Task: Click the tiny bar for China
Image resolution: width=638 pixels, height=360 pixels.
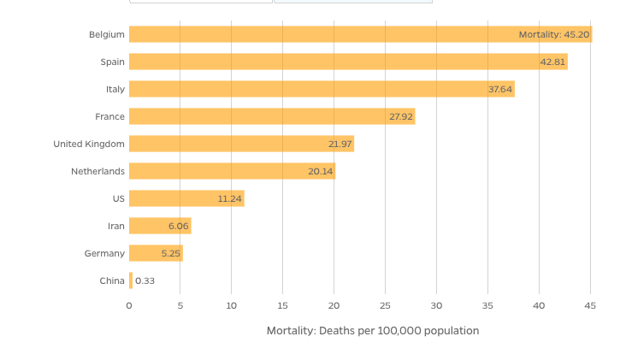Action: [x=131, y=280]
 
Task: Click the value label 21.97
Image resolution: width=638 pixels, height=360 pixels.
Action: [x=340, y=144]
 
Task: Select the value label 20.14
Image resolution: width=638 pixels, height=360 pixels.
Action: [x=320, y=171]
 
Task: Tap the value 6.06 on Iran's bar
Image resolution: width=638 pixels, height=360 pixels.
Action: [x=178, y=226]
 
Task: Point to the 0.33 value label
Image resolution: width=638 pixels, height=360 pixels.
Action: [x=145, y=280]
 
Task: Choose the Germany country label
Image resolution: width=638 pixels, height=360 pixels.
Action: [x=104, y=253]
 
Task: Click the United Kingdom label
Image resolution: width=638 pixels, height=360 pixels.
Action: [x=89, y=144]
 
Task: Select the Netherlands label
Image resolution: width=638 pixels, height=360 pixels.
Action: [x=97, y=171]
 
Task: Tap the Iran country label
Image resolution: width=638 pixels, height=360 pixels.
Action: [x=115, y=226]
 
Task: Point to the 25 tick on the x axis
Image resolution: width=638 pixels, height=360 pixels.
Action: [x=385, y=305]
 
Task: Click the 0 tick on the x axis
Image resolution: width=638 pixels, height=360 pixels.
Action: [x=129, y=305]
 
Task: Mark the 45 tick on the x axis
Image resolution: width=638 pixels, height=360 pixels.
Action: [x=590, y=305]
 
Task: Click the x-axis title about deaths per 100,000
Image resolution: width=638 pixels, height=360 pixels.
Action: [x=372, y=330]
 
